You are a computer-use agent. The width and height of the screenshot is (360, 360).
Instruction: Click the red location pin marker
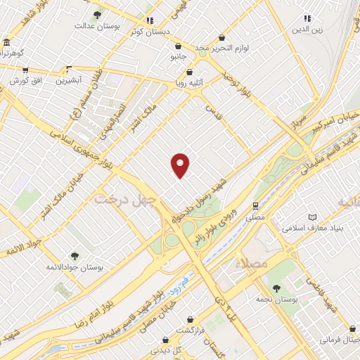click(x=181, y=165)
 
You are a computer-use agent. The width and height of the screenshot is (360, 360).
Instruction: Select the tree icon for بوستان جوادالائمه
click(x=75, y=256)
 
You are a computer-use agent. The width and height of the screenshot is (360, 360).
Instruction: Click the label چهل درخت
click(x=123, y=200)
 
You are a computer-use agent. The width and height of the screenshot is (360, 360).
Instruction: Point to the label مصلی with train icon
click(x=256, y=217)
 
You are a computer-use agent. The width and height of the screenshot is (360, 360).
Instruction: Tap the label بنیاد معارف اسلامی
click(x=311, y=229)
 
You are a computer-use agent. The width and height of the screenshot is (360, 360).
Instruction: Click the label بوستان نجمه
click(x=276, y=299)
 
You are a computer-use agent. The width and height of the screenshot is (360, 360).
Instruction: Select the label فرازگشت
click(x=189, y=330)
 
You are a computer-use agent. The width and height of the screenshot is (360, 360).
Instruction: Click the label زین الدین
click(x=307, y=30)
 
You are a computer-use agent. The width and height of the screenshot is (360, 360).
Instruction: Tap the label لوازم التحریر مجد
click(x=223, y=48)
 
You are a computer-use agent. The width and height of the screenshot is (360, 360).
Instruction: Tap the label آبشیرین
click(x=69, y=81)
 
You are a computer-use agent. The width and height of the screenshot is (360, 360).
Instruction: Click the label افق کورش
click(x=26, y=81)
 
